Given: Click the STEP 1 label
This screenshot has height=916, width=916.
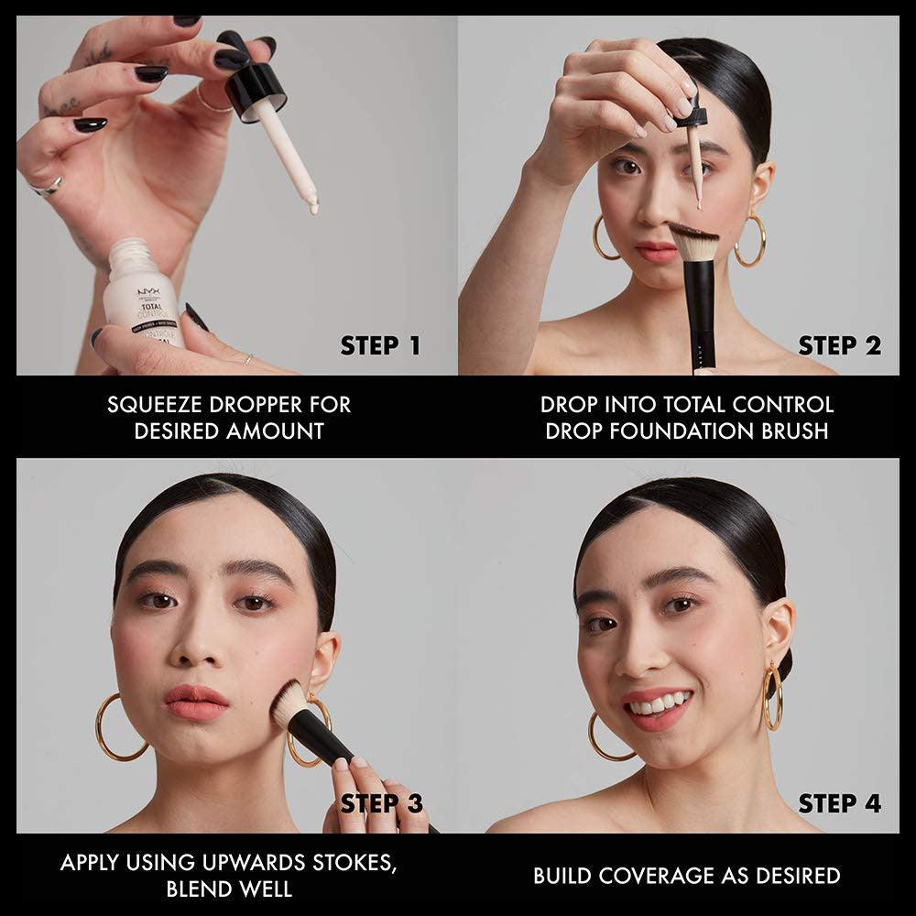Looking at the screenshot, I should pyautogui.click(x=380, y=346).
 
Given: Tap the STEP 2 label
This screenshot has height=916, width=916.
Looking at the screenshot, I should pyautogui.click(x=839, y=346).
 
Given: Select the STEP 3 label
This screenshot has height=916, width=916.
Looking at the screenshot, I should pyautogui.click(x=381, y=804).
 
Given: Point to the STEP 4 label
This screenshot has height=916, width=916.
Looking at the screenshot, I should pyautogui.click(x=839, y=804).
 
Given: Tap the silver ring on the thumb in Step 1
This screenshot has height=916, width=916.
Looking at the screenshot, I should pyautogui.click(x=46, y=188).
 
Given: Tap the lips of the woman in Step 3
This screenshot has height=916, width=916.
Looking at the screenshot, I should pyautogui.click(x=196, y=701).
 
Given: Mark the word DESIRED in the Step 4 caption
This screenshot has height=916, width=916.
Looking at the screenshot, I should pyautogui.click(x=794, y=876).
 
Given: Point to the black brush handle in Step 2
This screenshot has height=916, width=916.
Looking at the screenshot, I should pyautogui.click(x=702, y=321).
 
